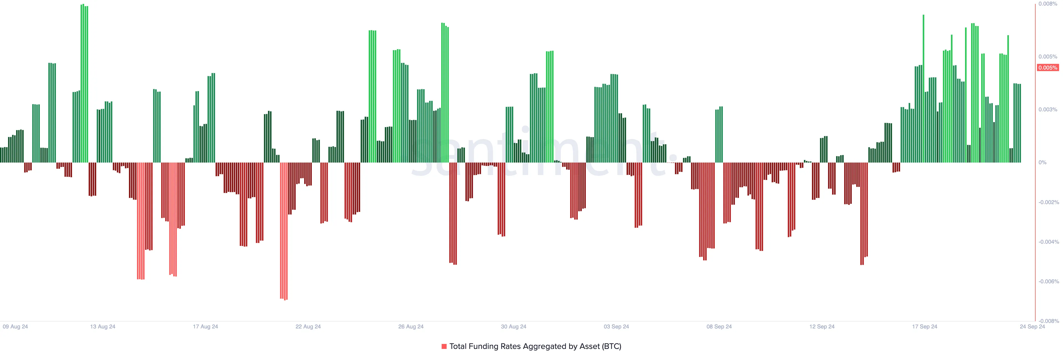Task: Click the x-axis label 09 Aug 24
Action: [15, 326]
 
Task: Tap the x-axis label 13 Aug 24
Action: [103, 326]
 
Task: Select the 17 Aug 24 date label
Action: [205, 326]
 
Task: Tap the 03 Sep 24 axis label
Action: [616, 326]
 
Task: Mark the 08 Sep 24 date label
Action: [719, 326]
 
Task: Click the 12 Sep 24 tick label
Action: [822, 326]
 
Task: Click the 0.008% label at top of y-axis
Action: [1048, 4]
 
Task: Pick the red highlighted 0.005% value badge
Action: [1048, 68]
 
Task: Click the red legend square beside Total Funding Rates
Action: [444, 346]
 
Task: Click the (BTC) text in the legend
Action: [611, 346]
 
